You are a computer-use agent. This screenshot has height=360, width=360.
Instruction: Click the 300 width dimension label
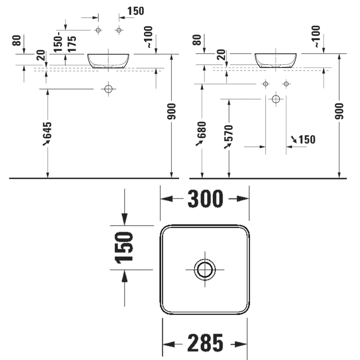205,199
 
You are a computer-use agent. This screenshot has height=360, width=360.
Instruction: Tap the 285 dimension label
205,343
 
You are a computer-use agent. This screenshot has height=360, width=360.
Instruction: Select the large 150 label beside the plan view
124,247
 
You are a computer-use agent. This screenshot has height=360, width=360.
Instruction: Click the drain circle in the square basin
205,269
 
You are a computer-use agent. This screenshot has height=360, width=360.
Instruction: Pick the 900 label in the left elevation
171,112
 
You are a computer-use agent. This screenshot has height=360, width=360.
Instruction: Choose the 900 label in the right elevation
339,112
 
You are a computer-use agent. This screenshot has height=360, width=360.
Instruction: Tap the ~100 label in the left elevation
149,37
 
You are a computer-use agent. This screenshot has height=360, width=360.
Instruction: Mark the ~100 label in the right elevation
316,37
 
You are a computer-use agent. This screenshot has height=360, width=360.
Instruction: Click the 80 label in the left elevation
17,41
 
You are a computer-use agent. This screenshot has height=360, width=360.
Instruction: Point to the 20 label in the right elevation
222,55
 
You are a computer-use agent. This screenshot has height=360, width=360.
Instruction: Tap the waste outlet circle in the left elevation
109,89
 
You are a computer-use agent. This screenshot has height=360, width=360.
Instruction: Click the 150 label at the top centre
136,11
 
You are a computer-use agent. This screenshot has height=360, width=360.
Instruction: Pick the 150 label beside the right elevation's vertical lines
307,139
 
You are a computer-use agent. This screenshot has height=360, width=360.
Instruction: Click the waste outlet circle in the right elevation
276,99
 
